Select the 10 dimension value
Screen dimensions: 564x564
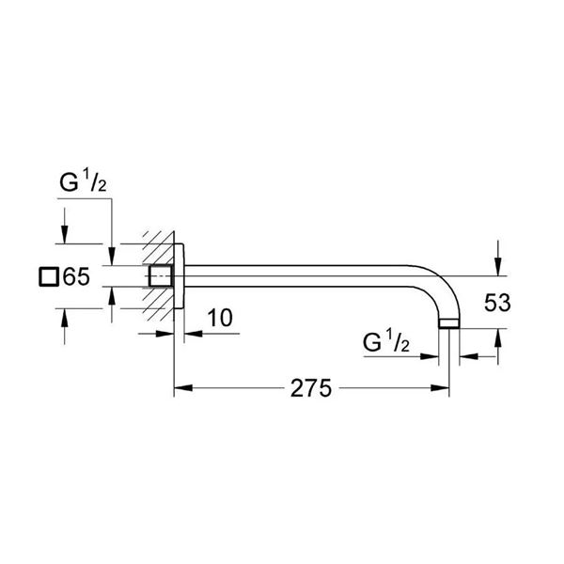(218, 318)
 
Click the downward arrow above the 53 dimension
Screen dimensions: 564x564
(498, 258)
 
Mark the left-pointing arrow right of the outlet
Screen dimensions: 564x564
(467, 356)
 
